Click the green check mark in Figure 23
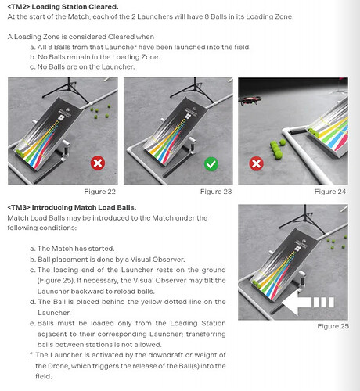[211, 164]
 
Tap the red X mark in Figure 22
[98, 163]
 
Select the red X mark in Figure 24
[257, 163]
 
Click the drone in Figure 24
[250, 100]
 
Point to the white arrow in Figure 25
[308, 303]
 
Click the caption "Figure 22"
[99, 192]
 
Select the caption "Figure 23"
[216, 192]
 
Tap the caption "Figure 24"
[330, 192]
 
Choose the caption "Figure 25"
[333, 326]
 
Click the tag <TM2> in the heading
[19, 7]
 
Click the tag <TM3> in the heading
[19, 207]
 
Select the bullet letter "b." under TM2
[33, 57]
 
